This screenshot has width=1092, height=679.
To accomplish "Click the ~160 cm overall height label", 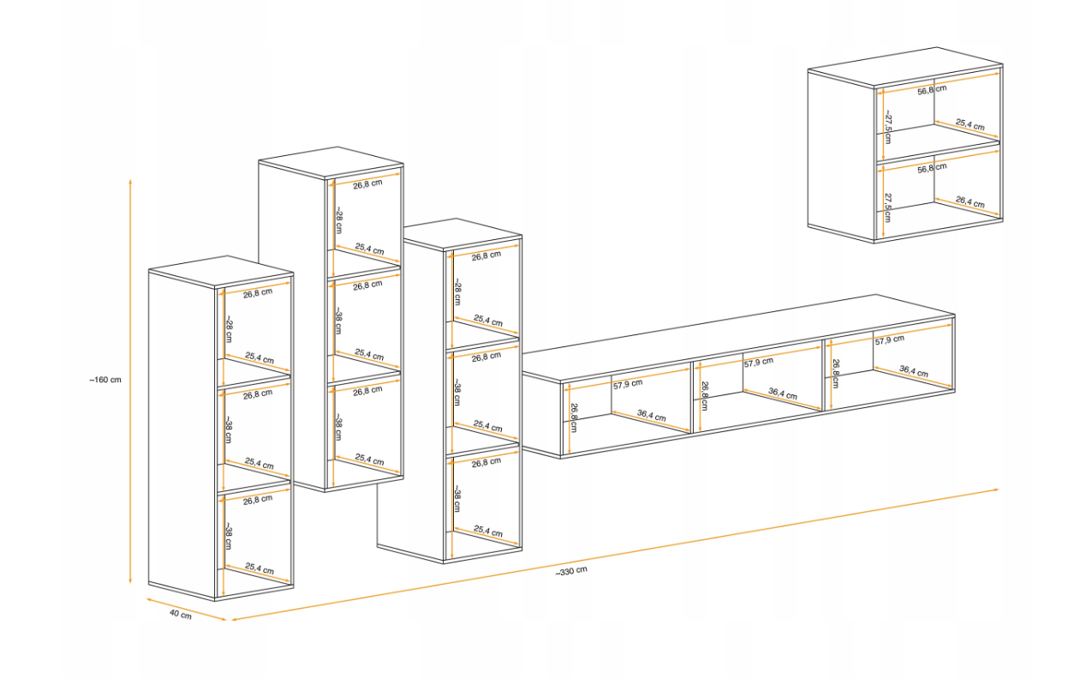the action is pos(105,380).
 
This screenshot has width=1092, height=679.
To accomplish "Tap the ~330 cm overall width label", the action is pos(571,571).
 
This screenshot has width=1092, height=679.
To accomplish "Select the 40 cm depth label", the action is pos(181,614).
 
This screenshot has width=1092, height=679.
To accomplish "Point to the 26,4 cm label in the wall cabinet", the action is pos(970,201).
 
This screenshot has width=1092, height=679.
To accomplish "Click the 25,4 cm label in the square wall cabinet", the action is pos(970,124).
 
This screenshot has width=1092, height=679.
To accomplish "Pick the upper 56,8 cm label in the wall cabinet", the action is pos(932,89).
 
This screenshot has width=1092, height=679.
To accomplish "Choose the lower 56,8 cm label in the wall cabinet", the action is pos(932,167).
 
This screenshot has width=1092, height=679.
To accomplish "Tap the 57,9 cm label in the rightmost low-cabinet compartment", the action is pos(889,339).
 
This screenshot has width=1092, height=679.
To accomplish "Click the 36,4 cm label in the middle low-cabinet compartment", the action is pos(783,393).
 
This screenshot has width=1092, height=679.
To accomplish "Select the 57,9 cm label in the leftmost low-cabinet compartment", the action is pos(628,384).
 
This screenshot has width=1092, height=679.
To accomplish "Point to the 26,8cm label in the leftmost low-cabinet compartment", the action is pos(574,418).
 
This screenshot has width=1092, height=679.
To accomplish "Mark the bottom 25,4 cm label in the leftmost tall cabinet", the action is pos(259,568).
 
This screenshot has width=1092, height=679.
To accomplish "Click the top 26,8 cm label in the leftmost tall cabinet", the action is pos(258,292).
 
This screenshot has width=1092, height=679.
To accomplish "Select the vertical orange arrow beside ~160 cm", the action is pos(130,382).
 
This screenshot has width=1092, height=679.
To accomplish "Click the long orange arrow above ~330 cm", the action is pos(615,555).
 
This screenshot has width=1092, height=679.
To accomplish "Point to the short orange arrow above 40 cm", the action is pos(187,610).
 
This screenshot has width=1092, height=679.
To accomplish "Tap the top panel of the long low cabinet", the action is pos(738,336).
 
